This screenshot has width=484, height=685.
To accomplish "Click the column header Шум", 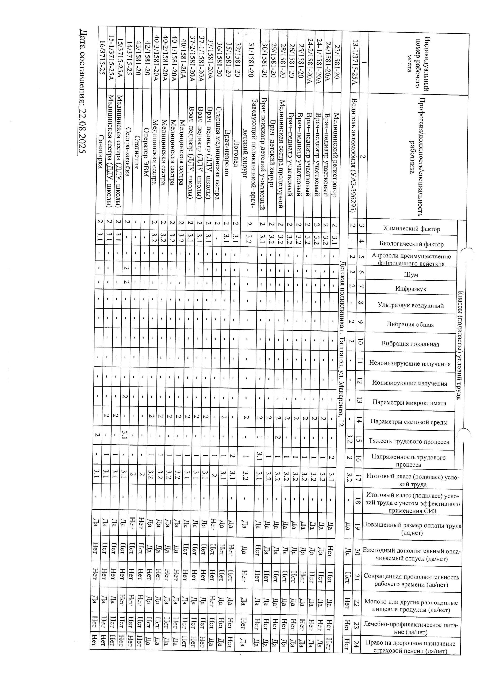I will click(x=411, y=275).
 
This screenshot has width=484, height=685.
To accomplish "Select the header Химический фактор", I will click(x=411, y=229).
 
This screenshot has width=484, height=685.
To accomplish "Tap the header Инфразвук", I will click(x=411, y=289).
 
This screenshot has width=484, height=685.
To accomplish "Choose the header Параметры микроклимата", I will click(x=409, y=403).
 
